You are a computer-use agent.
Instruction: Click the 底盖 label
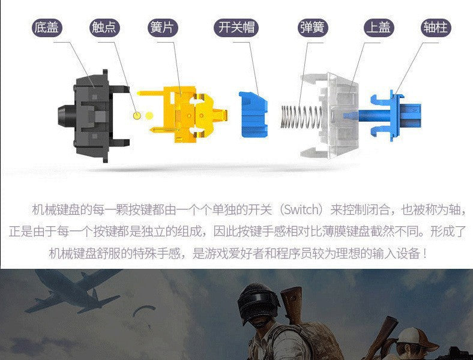(x=47, y=28)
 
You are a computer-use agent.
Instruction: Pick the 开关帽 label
(x=236, y=28)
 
